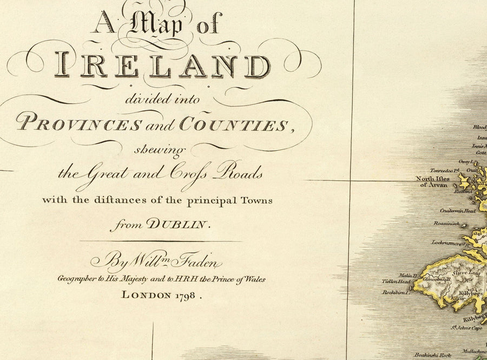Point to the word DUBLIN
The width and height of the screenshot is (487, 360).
click(183, 224)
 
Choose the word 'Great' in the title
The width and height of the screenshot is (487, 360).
click(102, 174)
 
